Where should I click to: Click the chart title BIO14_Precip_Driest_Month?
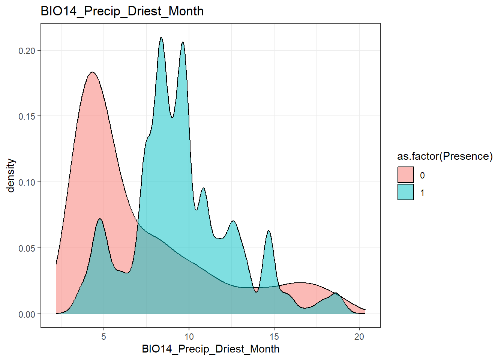click(122, 11)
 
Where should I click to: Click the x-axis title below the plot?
click(210, 349)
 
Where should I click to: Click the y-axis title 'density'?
click(11, 175)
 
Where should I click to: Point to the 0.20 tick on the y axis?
click(27, 51)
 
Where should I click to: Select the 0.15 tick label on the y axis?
click(27, 117)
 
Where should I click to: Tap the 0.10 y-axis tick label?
click(27, 183)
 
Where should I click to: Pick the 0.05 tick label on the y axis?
click(27, 248)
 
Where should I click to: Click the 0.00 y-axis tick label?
click(27, 314)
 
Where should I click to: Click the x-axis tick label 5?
click(104, 336)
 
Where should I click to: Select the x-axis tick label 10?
click(189, 336)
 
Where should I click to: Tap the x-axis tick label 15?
click(274, 336)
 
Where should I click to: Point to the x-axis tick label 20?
click(359, 336)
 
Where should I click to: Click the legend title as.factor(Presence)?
click(445, 156)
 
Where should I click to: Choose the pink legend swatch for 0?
click(405, 175)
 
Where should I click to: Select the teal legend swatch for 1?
click(405, 192)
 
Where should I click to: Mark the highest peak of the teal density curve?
click(161, 38)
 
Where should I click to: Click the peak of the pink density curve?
click(92, 72)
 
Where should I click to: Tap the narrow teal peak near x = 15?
click(268, 231)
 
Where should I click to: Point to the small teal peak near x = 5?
click(100, 219)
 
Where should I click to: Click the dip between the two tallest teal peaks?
click(172, 117)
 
